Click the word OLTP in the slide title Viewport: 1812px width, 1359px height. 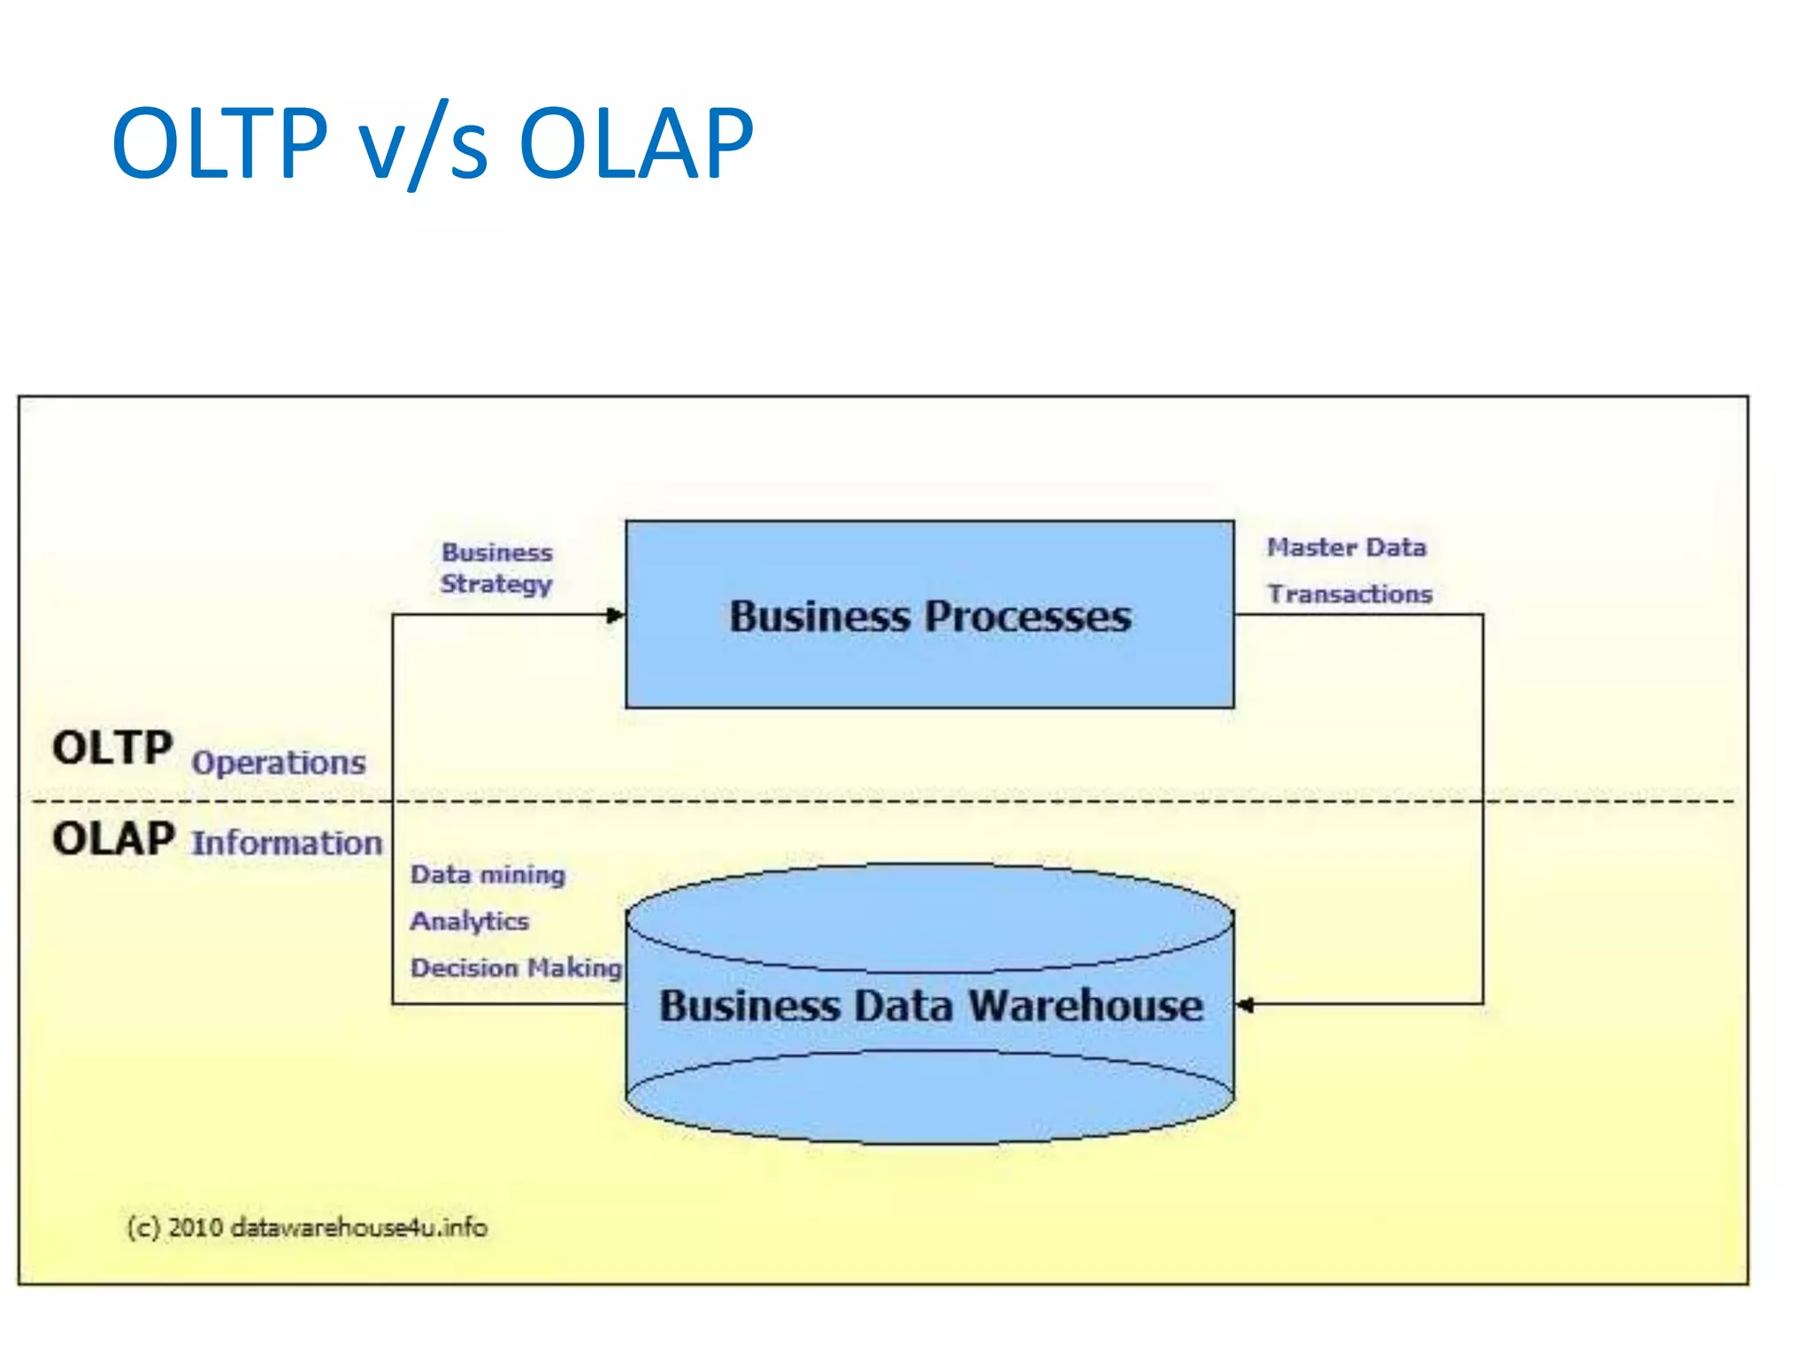pyautogui.click(x=219, y=143)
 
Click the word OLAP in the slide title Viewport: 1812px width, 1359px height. pyautogui.click(x=635, y=143)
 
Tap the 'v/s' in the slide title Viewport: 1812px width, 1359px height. pyautogui.click(x=423, y=146)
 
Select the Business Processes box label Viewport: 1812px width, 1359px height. pyautogui.click(x=930, y=616)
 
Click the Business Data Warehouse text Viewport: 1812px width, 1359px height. pyautogui.click(x=931, y=1006)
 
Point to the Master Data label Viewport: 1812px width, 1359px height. pyautogui.click(x=1346, y=548)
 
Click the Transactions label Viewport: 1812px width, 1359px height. pyautogui.click(x=1349, y=594)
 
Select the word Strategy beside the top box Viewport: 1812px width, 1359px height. pyautogui.click(x=496, y=584)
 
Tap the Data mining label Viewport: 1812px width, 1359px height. pyautogui.click(x=488, y=874)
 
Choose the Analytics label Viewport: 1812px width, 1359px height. pyautogui.click(x=469, y=921)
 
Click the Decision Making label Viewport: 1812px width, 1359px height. pyautogui.click(x=516, y=967)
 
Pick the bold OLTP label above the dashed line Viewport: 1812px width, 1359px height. pyautogui.click(x=112, y=748)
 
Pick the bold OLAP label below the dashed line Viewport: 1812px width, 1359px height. pyautogui.click(x=113, y=839)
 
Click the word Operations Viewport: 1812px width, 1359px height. pyautogui.click(x=278, y=763)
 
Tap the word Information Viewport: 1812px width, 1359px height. pyautogui.click(x=287, y=843)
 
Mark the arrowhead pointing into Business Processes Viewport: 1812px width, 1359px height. pyautogui.click(x=617, y=615)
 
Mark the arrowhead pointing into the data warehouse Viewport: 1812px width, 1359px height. pyautogui.click(x=1245, y=1005)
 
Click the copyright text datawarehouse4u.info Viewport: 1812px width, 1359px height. pyautogui.click(x=358, y=1227)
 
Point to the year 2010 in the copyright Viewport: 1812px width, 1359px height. pyautogui.click(x=195, y=1227)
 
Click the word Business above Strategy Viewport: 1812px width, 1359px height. pyautogui.click(x=496, y=552)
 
